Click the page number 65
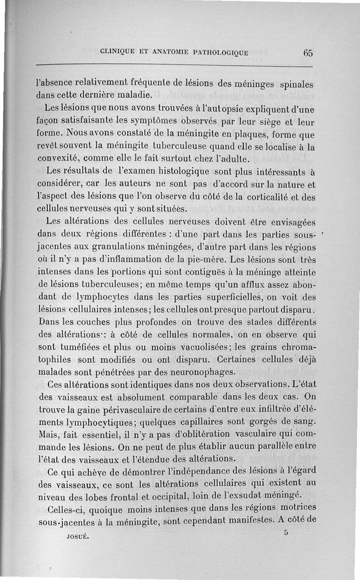pos(308,52)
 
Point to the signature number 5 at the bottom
pos(286,532)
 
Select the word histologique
pos(184,171)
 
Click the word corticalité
pos(276,197)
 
